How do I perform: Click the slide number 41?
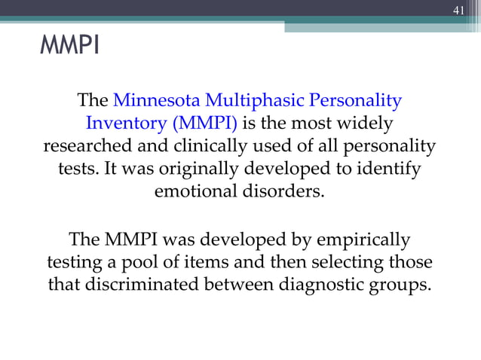point(458,10)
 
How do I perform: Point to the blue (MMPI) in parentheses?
point(201,124)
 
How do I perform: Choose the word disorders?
point(287,191)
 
